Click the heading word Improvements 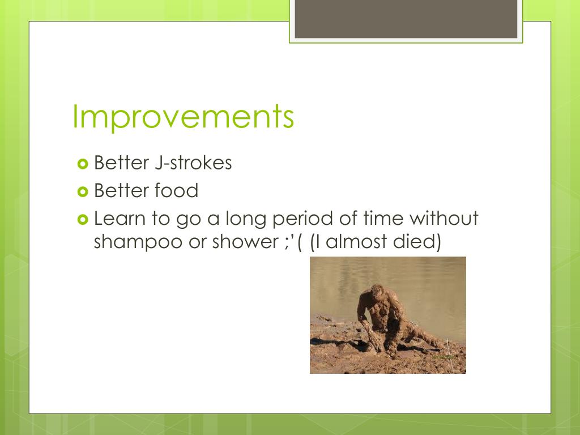[x=183, y=117]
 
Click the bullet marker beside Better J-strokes [x=83, y=164]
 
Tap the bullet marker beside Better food [x=83, y=191]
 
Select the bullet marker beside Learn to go [x=83, y=220]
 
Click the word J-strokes [x=193, y=163]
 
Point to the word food [x=177, y=190]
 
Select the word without [x=444, y=218]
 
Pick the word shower [x=245, y=241]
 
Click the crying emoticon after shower [x=293, y=242]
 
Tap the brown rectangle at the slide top [x=406, y=19]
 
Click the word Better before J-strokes [x=121, y=163]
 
